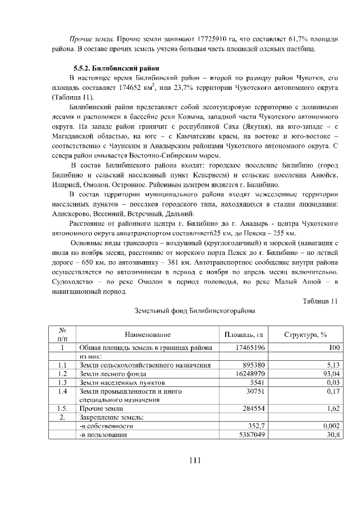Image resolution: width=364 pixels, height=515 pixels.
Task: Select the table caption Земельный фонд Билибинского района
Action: click(194, 312)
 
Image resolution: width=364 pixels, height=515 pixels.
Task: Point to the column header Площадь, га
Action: click(243, 335)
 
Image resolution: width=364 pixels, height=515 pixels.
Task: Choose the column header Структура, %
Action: click(305, 335)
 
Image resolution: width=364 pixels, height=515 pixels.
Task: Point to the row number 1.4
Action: click(63, 392)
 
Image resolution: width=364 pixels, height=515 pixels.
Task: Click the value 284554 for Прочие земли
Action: click(253, 409)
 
